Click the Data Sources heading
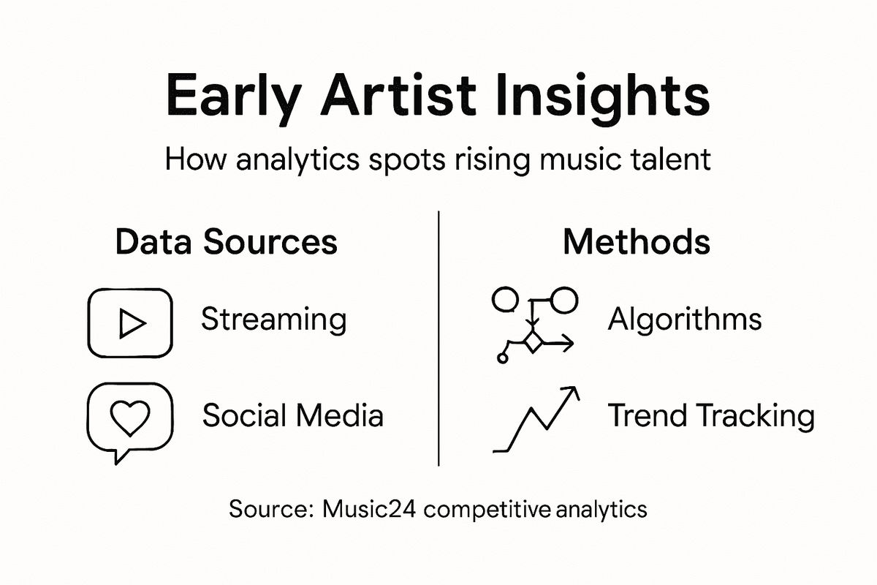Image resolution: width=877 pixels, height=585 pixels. coord(227,242)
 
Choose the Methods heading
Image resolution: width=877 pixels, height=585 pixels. coord(636,242)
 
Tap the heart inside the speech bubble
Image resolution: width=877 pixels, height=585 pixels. coord(129,418)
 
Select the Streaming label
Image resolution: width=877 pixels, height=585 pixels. coord(273,320)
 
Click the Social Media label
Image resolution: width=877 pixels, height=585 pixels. coord(292,415)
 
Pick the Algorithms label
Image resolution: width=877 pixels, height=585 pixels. coord(685,320)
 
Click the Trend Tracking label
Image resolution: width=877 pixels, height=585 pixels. coord(711,415)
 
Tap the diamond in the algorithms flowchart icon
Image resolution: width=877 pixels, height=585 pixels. coord(534,341)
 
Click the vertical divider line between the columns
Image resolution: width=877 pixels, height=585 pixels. coord(438,336)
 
